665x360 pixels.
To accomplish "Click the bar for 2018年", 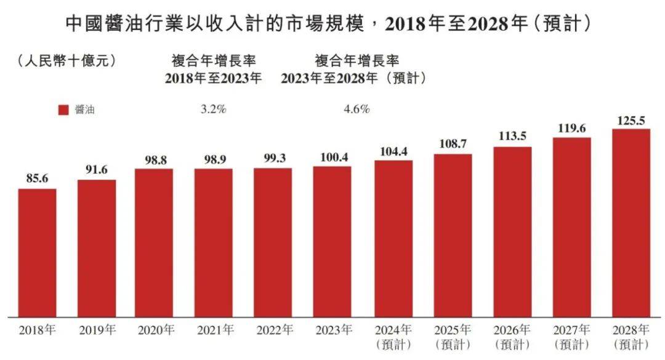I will (37, 252).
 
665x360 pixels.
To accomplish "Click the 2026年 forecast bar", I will (512, 231).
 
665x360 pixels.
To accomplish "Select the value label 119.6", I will (571, 128).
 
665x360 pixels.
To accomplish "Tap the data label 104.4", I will (393, 151).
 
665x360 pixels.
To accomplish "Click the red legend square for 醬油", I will (63, 110).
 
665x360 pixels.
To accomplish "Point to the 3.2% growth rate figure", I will (214, 110).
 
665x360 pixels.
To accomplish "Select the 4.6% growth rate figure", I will (357, 110).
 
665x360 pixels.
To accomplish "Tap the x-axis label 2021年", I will (216, 330).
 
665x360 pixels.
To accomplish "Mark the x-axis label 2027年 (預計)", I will (571, 336).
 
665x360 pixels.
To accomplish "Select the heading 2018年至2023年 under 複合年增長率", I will (213, 79).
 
